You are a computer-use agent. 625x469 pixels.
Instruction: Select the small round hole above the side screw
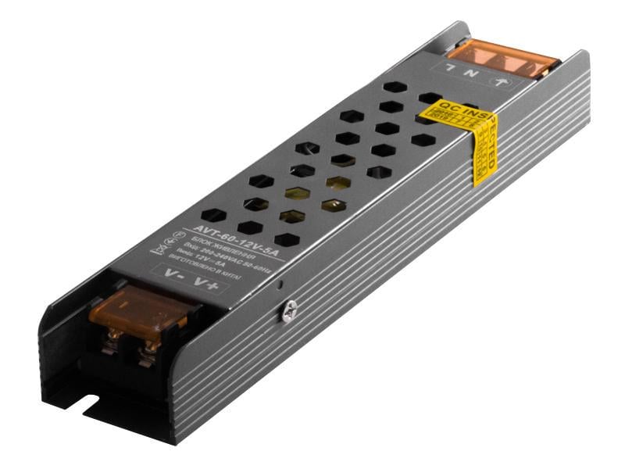tap(280, 285)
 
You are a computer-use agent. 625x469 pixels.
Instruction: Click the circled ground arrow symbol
tap(501, 81)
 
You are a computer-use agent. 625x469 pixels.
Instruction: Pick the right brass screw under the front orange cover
tap(146, 354)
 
